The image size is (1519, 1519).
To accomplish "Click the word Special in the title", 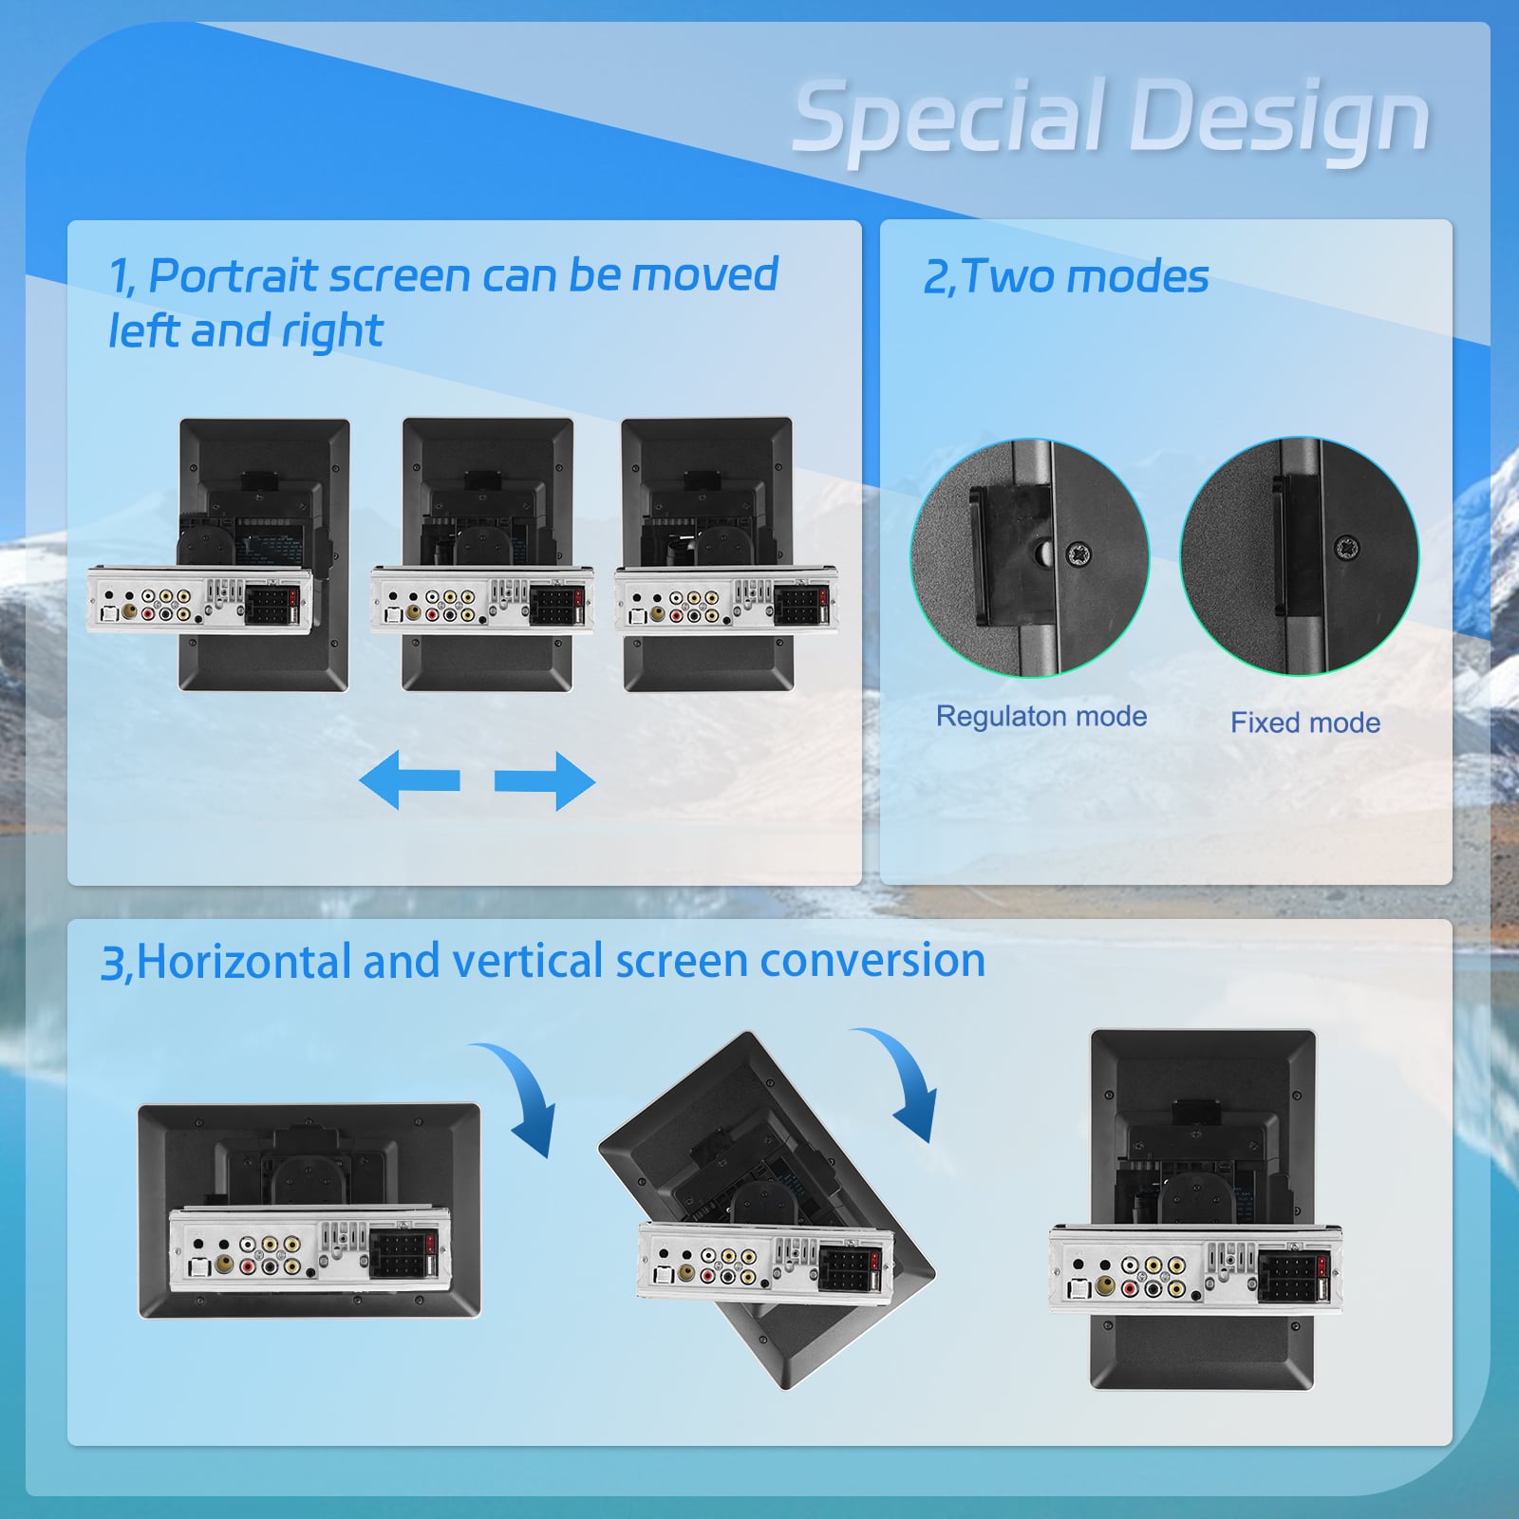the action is coord(949,118).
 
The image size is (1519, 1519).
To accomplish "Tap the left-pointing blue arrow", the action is coord(409,780).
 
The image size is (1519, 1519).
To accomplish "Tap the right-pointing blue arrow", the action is coord(545,780).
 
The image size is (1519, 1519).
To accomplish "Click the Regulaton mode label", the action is coord(1041,716).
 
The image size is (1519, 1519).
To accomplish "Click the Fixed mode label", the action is coord(1305,722).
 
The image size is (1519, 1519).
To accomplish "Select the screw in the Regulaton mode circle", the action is coord(1079,553).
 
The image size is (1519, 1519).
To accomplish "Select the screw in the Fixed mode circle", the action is coord(1346,548).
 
